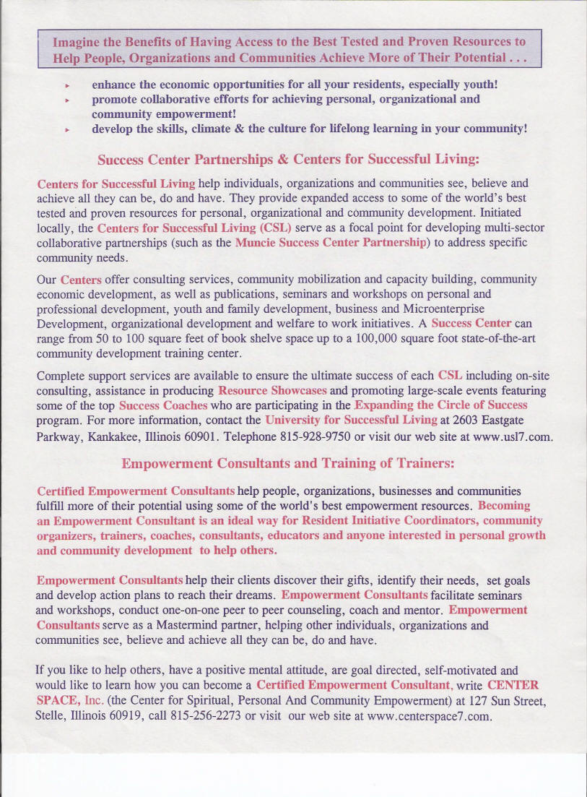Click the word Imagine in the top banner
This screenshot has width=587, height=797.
[75, 40]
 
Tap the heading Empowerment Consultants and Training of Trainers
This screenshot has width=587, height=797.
[288, 462]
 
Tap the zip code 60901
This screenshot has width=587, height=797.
[168, 436]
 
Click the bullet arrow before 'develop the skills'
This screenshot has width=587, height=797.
[66, 130]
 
